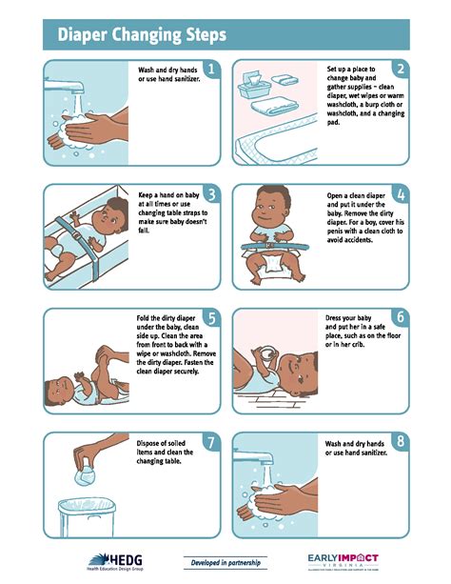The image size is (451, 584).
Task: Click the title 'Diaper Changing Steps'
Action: pos(143,36)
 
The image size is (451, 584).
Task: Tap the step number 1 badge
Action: pos(210,70)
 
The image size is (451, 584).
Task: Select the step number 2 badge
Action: pos(401,70)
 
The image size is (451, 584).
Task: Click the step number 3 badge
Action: pos(210,194)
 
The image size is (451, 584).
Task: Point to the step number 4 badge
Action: pos(401,194)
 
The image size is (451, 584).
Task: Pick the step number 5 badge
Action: pos(210,318)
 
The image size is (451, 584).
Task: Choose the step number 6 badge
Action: pos(401,318)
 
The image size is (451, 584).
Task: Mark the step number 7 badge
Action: pos(210,443)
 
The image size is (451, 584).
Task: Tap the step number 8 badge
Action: pos(401,443)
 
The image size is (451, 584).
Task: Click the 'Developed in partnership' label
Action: pos(225,562)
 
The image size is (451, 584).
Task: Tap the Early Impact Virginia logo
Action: pos(343,562)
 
